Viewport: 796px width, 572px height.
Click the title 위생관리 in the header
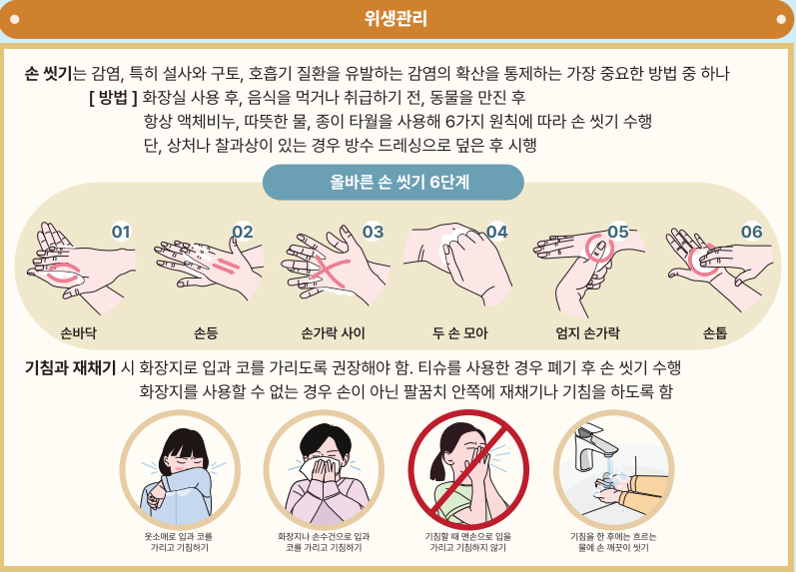[x=398, y=18]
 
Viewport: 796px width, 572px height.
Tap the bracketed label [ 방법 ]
[x=112, y=98]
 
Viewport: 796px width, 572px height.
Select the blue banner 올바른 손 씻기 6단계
[x=393, y=183]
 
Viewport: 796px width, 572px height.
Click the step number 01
[x=122, y=233]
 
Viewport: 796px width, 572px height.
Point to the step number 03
[x=372, y=232]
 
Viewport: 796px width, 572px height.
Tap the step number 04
[x=496, y=232]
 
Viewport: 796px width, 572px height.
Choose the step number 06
[x=751, y=232]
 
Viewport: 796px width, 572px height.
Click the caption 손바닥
[x=79, y=331]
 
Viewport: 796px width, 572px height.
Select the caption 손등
[x=206, y=331]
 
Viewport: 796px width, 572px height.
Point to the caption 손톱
[x=715, y=331]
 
